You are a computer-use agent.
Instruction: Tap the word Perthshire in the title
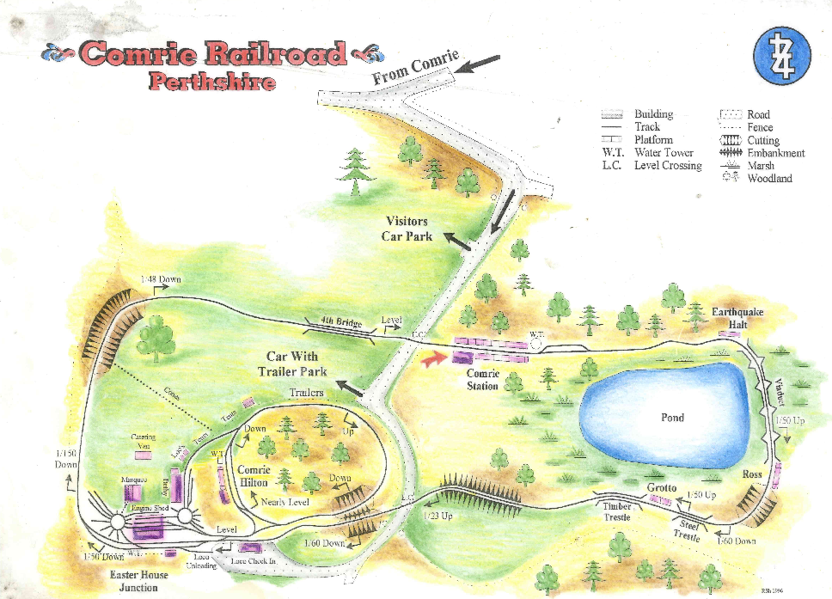[211, 83]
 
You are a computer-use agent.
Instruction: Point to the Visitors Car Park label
[407, 229]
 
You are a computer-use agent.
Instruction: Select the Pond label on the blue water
[672, 417]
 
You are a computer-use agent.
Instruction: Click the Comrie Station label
[482, 380]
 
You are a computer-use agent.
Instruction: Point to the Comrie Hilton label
[254, 476]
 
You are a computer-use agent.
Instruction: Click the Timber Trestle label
[617, 512]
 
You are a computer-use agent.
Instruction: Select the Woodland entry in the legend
[769, 179]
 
